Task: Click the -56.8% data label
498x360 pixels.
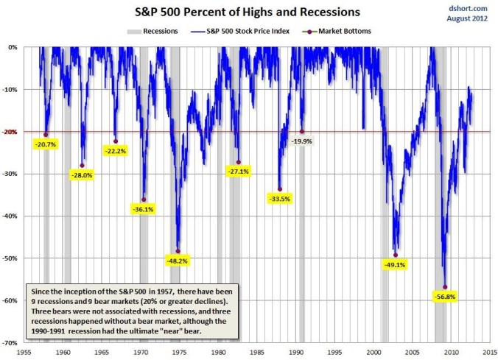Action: click(x=445, y=297)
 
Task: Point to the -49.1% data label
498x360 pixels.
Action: click(x=396, y=264)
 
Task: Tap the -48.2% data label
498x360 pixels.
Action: click(x=177, y=261)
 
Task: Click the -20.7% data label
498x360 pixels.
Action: click(x=46, y=144)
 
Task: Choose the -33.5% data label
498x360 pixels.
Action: click(x=279, y=199)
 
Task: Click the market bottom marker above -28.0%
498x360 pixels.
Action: click(x=82, y=166)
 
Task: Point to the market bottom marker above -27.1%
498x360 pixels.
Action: click(x=239, y=162)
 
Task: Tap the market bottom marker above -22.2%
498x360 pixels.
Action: click(x=116, y=141)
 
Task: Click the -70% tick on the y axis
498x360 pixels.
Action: click(x=13, y=343)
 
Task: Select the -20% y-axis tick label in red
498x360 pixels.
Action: click(x=13, y=132)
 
